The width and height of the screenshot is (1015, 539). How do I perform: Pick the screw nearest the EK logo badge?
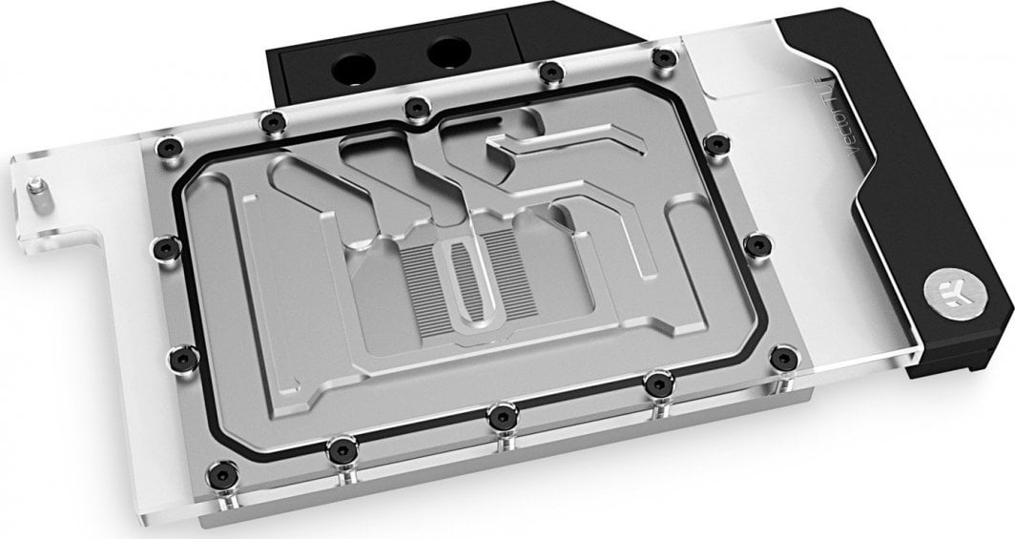[783, 357]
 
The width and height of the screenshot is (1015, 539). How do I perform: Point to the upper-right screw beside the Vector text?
[712, 142]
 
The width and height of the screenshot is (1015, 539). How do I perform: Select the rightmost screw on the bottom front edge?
[654, 384]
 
